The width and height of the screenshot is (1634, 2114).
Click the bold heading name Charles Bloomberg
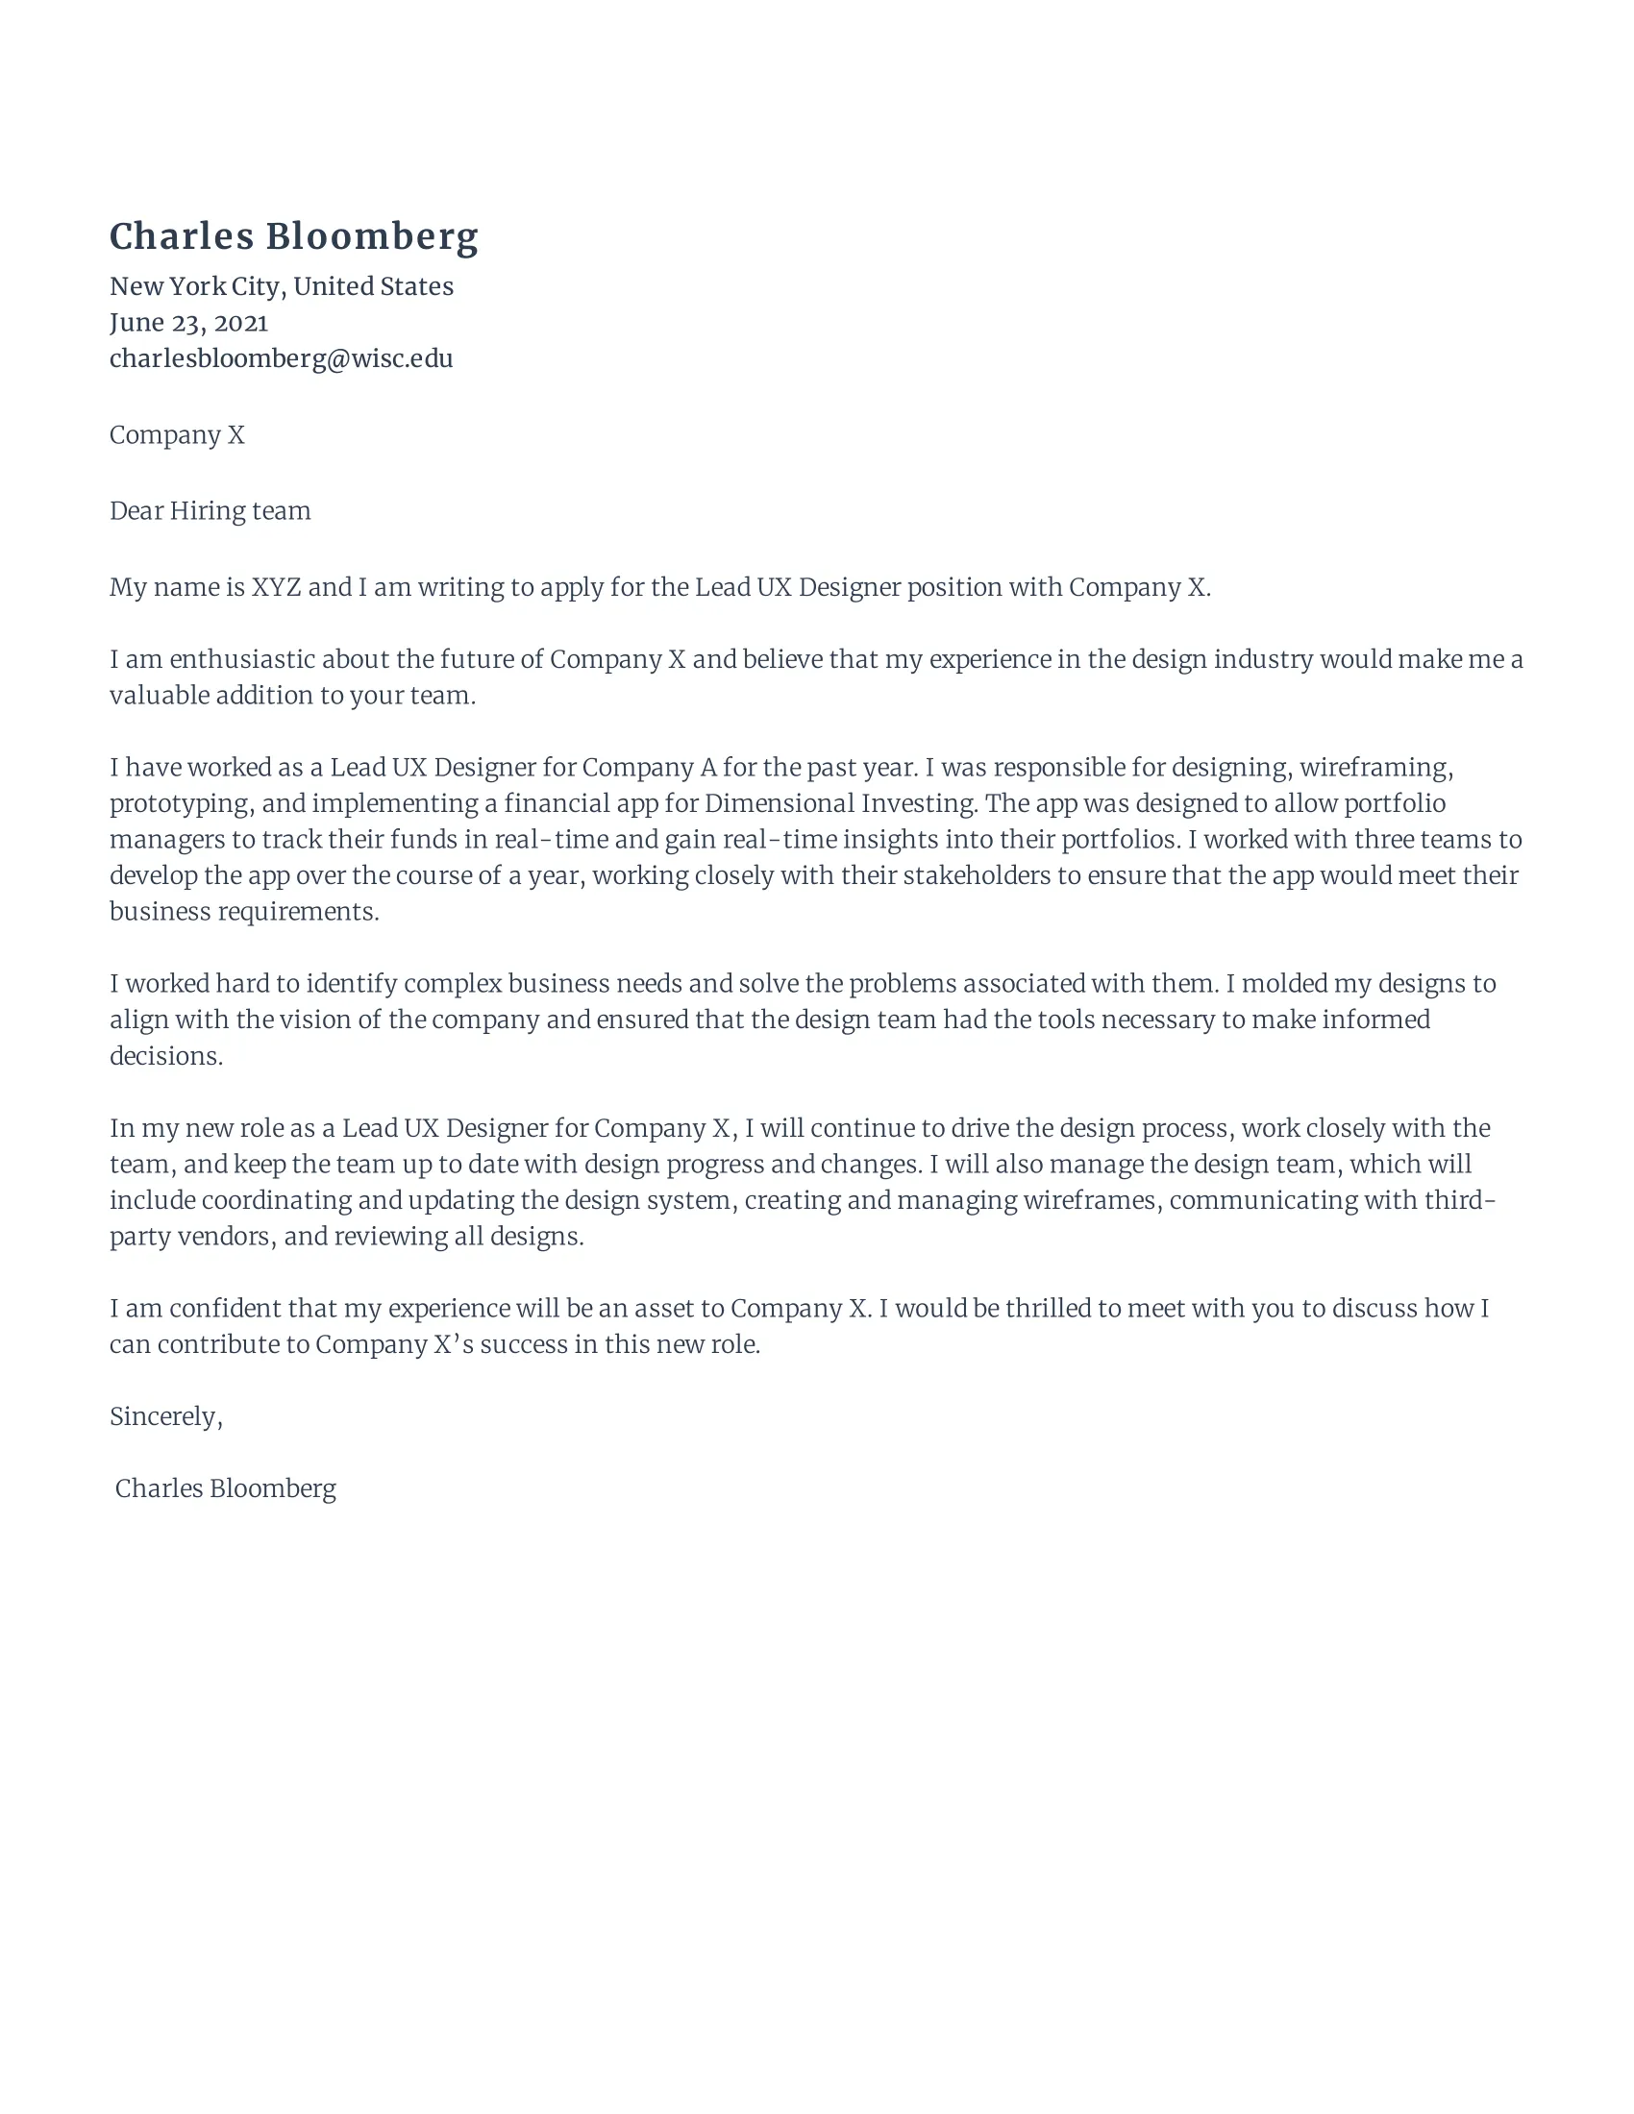[x=293, y=237]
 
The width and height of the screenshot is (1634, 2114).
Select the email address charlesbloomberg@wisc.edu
[x=281, y=359]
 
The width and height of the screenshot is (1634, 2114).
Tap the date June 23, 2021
[x=188, y=322]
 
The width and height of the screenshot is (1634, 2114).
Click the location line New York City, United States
[x=281, y=286]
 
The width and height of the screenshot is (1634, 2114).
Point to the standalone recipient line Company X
[x=177, y=435]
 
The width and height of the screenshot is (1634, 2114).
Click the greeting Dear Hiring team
[x=210, y=511]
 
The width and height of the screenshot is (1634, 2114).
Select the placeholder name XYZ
[x=276, y=587]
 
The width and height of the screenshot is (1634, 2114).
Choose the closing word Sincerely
[x=164, y=1417]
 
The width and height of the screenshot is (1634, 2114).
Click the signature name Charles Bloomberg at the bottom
[x=226, y=1488]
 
